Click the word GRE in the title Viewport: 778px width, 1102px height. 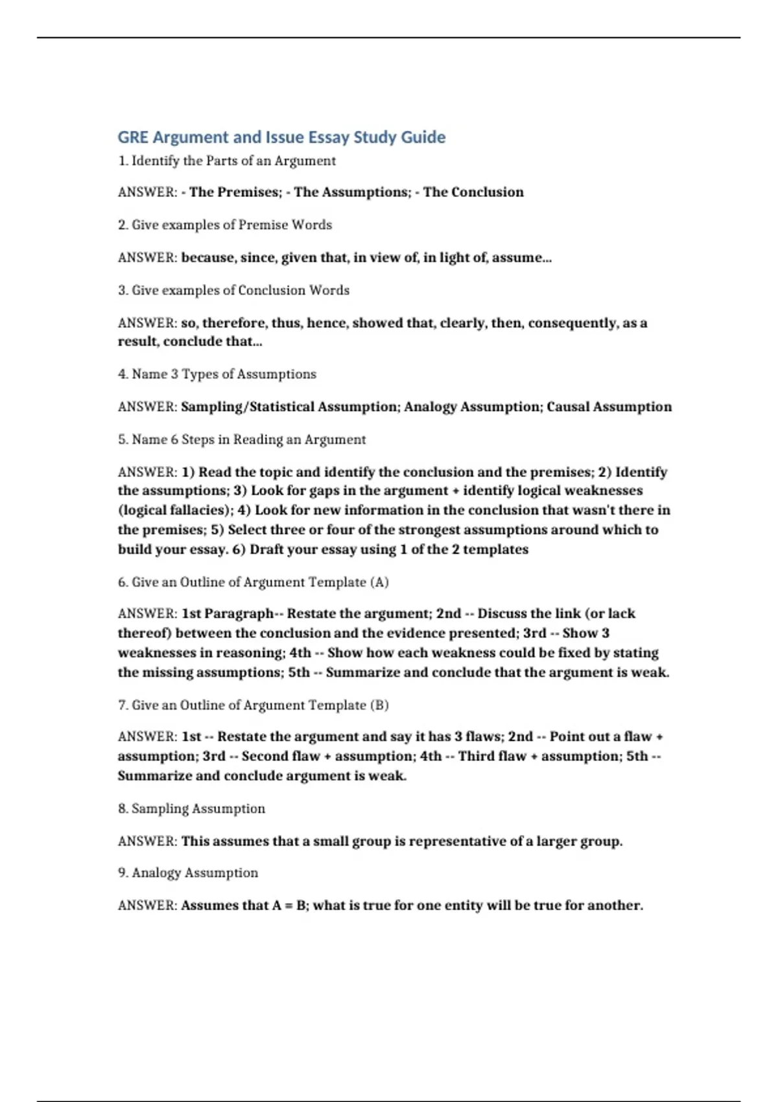point(133,137)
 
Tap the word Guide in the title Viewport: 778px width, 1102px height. point(423,137)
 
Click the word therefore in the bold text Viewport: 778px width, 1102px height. point(235,323)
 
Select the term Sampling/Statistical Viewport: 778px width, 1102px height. point(247,406)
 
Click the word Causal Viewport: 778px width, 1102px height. point(567,406)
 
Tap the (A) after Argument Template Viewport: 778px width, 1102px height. point(379,582)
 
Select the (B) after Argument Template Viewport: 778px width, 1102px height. point(379,705)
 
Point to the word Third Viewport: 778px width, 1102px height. point(475,756)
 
